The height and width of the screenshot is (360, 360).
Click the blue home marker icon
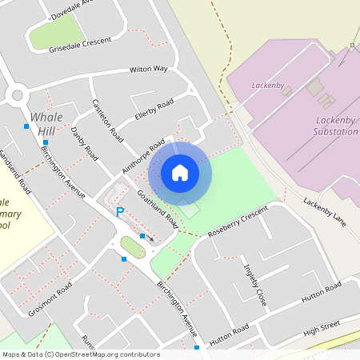[x=180, y=172]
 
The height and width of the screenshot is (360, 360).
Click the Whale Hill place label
[x=46, y=124]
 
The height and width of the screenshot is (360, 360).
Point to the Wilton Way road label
[x=149, y=70]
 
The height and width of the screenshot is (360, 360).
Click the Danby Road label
[x=84, y=143]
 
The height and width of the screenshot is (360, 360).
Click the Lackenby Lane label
[x=323, y=206]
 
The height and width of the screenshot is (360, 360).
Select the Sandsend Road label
[x=15, y=171]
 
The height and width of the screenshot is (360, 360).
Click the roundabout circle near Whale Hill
[x=17, y=96]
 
